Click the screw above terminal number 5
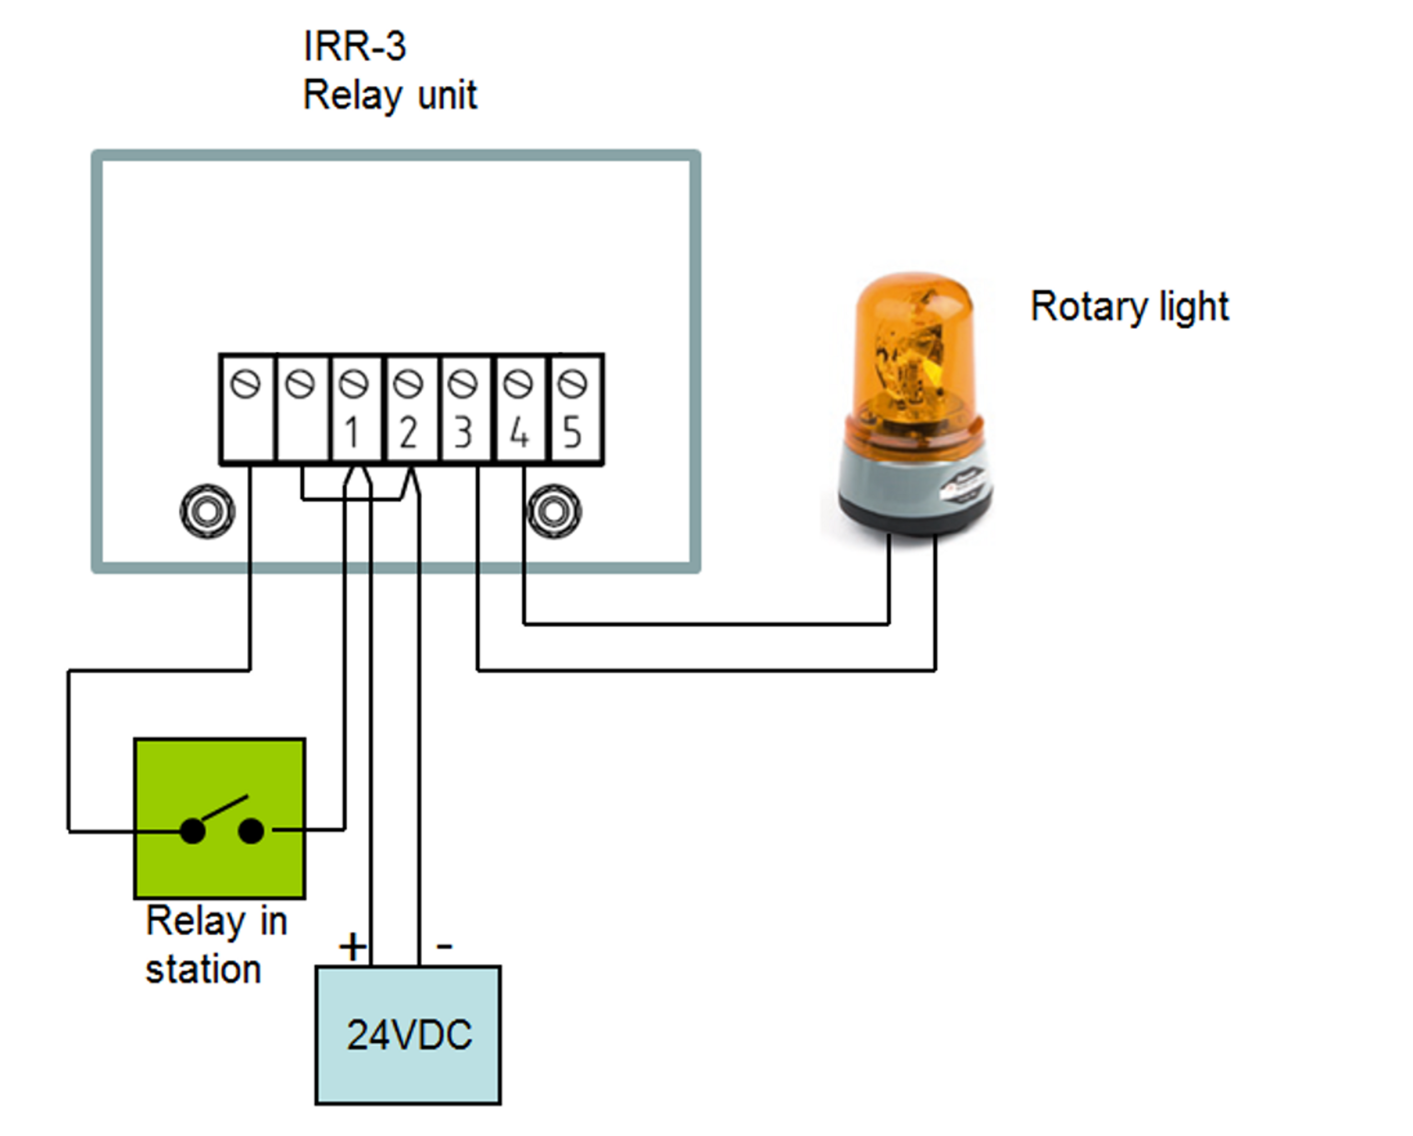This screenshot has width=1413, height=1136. [x=574, y=384]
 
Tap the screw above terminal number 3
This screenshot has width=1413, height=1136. [x=463, y=384]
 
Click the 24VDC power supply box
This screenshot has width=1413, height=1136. [x=408, y=1036]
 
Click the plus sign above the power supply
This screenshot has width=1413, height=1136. [x=353, y=947]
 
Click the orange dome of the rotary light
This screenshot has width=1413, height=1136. [x=914, y=347]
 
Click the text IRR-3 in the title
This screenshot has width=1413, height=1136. [x=354, y=47]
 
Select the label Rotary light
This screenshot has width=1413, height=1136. [x=1129, y=307]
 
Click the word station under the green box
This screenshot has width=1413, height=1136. [x=203, y=970]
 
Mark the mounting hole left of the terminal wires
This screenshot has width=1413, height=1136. [x=207, y=511]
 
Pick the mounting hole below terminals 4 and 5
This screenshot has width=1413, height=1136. [x=554, y=511]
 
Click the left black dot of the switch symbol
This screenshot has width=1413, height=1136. [x=193, y=831]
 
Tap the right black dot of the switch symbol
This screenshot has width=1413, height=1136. [x=251, y=831]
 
